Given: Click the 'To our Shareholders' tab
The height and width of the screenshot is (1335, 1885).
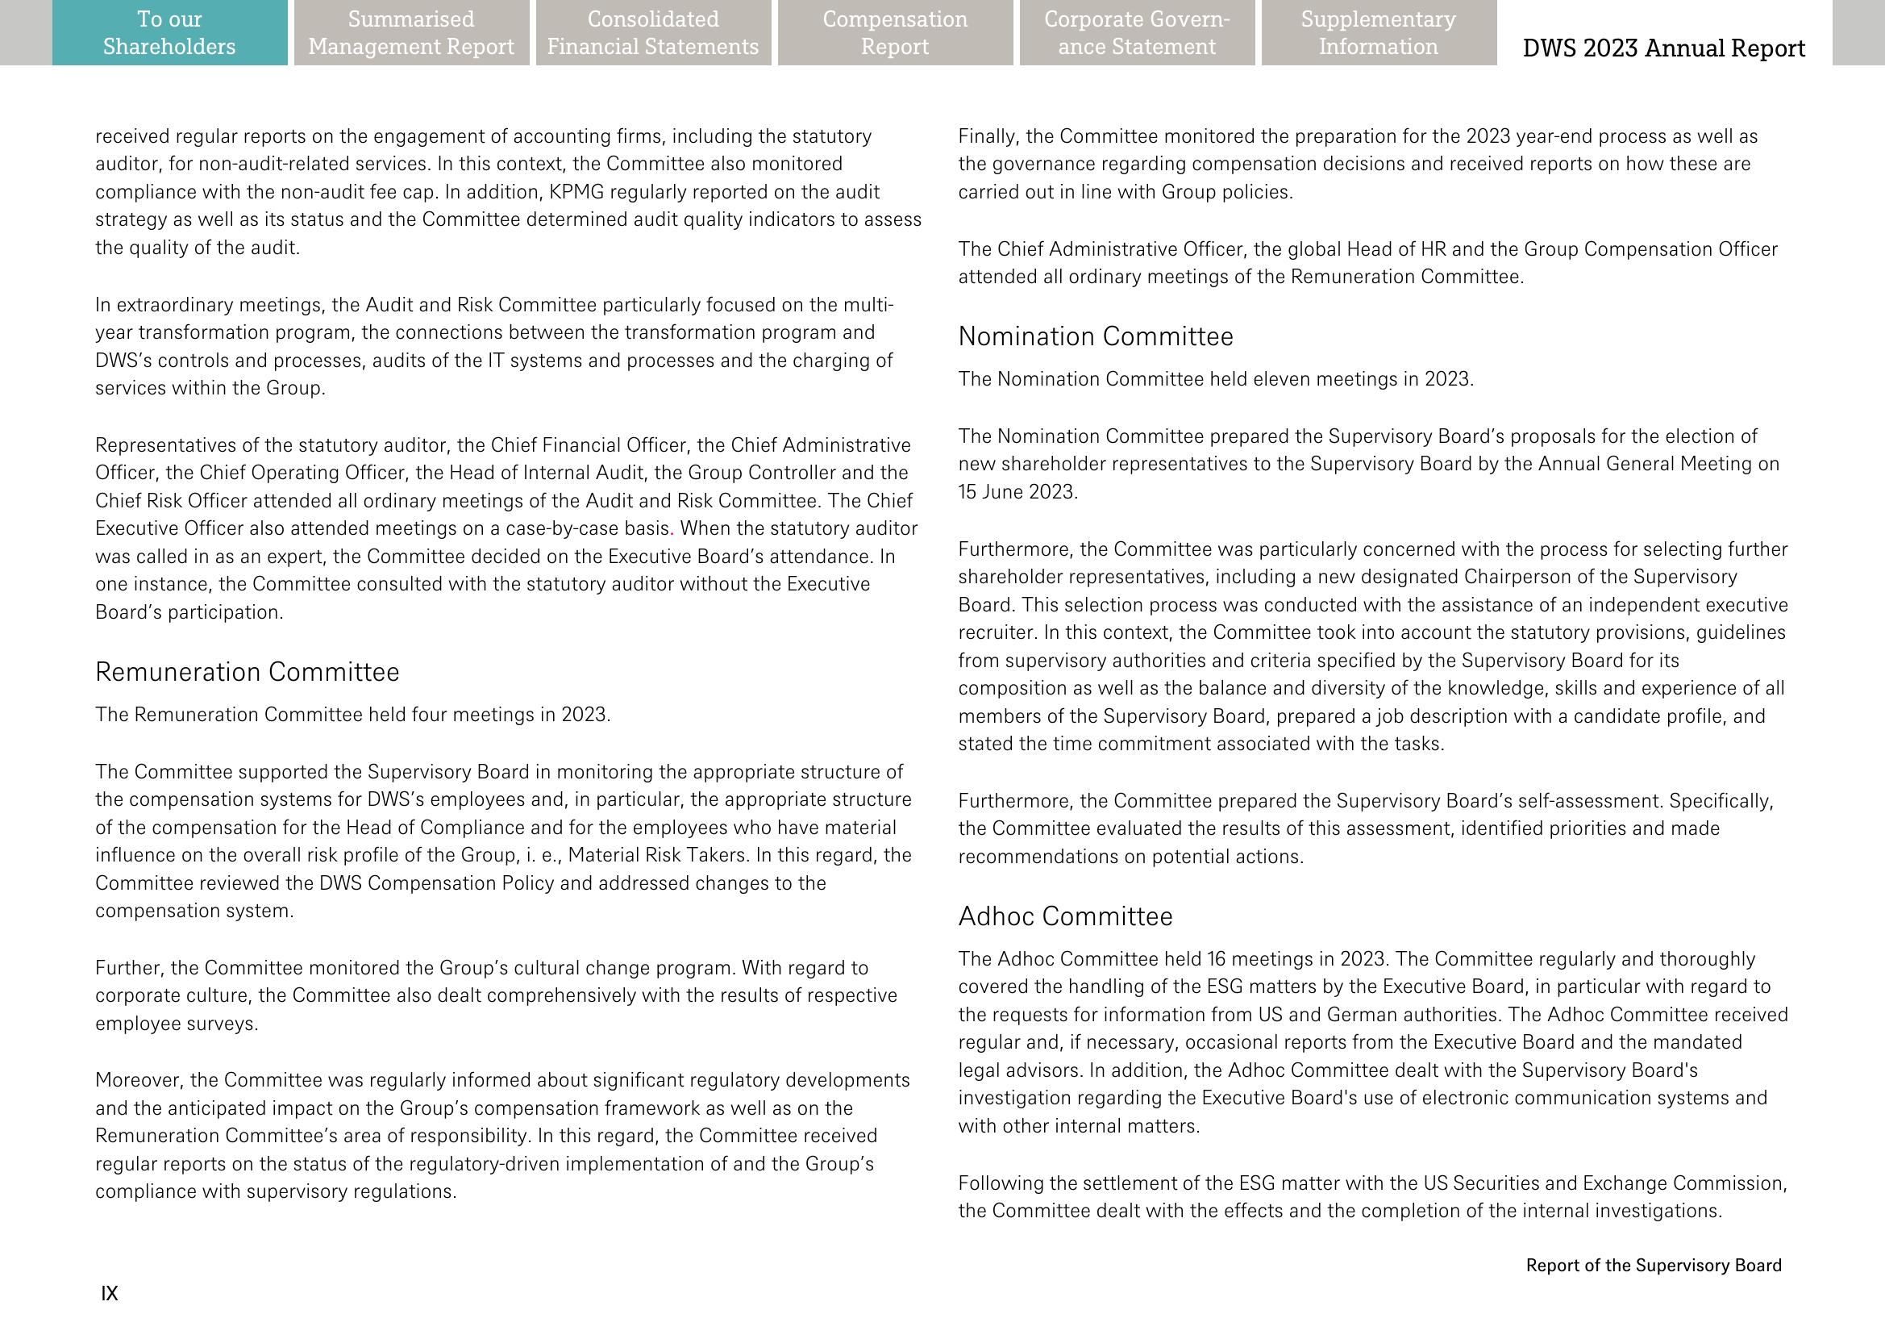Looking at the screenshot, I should (x=169, y=33).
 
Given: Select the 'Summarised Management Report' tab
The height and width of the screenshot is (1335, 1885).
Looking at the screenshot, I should (x=411, y=33).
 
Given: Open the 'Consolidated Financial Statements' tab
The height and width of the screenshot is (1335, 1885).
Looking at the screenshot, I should (x=653, y=33).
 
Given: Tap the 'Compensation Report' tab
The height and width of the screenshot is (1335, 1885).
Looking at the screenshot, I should (x=895, y=33).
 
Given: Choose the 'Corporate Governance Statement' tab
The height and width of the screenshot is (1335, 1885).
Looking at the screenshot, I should (x=1137, y=33).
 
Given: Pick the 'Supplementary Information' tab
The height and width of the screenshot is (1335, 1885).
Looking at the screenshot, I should (x=1378, y=33).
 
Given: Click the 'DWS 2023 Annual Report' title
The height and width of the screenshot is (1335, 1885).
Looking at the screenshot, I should (x=1663, y=48).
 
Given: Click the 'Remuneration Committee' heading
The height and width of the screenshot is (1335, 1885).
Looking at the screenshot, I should (x=248, y=673).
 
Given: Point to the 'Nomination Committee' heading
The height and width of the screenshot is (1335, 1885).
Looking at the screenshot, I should (x=1096, y=337).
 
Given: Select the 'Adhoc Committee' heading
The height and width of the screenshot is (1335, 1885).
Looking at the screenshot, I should (x=1065, y=916).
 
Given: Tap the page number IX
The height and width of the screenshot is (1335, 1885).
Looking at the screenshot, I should (x=110, y=1294).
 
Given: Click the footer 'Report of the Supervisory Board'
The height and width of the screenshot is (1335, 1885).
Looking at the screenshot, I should (x=1654, y=1266).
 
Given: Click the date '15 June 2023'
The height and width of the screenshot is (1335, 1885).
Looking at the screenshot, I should (x=1017, y=492).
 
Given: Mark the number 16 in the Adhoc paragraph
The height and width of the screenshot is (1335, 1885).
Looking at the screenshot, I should (x=1216, y=959).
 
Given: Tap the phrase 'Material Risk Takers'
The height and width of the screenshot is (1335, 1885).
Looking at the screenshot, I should (x=658, y=856).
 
